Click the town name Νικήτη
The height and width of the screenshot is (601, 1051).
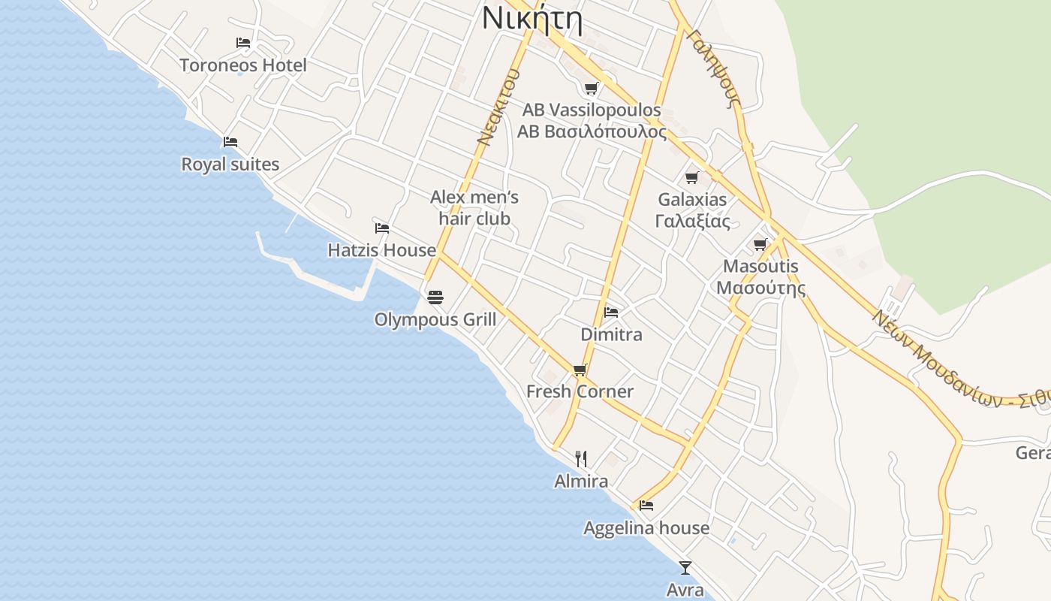(532, 18)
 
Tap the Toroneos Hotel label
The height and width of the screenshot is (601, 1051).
(243, 65)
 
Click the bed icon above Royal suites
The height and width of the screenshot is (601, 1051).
(230, 141)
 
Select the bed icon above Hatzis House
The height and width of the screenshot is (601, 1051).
(382, 228)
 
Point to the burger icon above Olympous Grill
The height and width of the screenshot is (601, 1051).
(435, 297)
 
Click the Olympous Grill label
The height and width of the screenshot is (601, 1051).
(435, 320)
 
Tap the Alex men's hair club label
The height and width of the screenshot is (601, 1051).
(474, 208)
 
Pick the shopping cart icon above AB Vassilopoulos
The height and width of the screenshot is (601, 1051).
(592, 88)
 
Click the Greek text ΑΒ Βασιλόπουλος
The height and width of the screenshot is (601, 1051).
(592, 132)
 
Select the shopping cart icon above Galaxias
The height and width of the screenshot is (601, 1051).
(692, 177)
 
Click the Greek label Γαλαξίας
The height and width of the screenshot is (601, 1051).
(692, 222)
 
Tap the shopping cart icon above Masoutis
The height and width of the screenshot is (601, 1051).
(760, 244)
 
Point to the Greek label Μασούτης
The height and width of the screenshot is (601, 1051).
(760, 288)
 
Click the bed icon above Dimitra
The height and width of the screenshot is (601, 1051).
(611, 312)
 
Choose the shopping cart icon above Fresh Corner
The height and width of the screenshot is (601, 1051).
(580, 369)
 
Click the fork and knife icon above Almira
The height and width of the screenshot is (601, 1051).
(581, 458)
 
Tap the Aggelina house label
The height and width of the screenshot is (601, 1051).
(646, 528)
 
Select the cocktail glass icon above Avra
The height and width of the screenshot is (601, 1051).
(685, 567)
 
